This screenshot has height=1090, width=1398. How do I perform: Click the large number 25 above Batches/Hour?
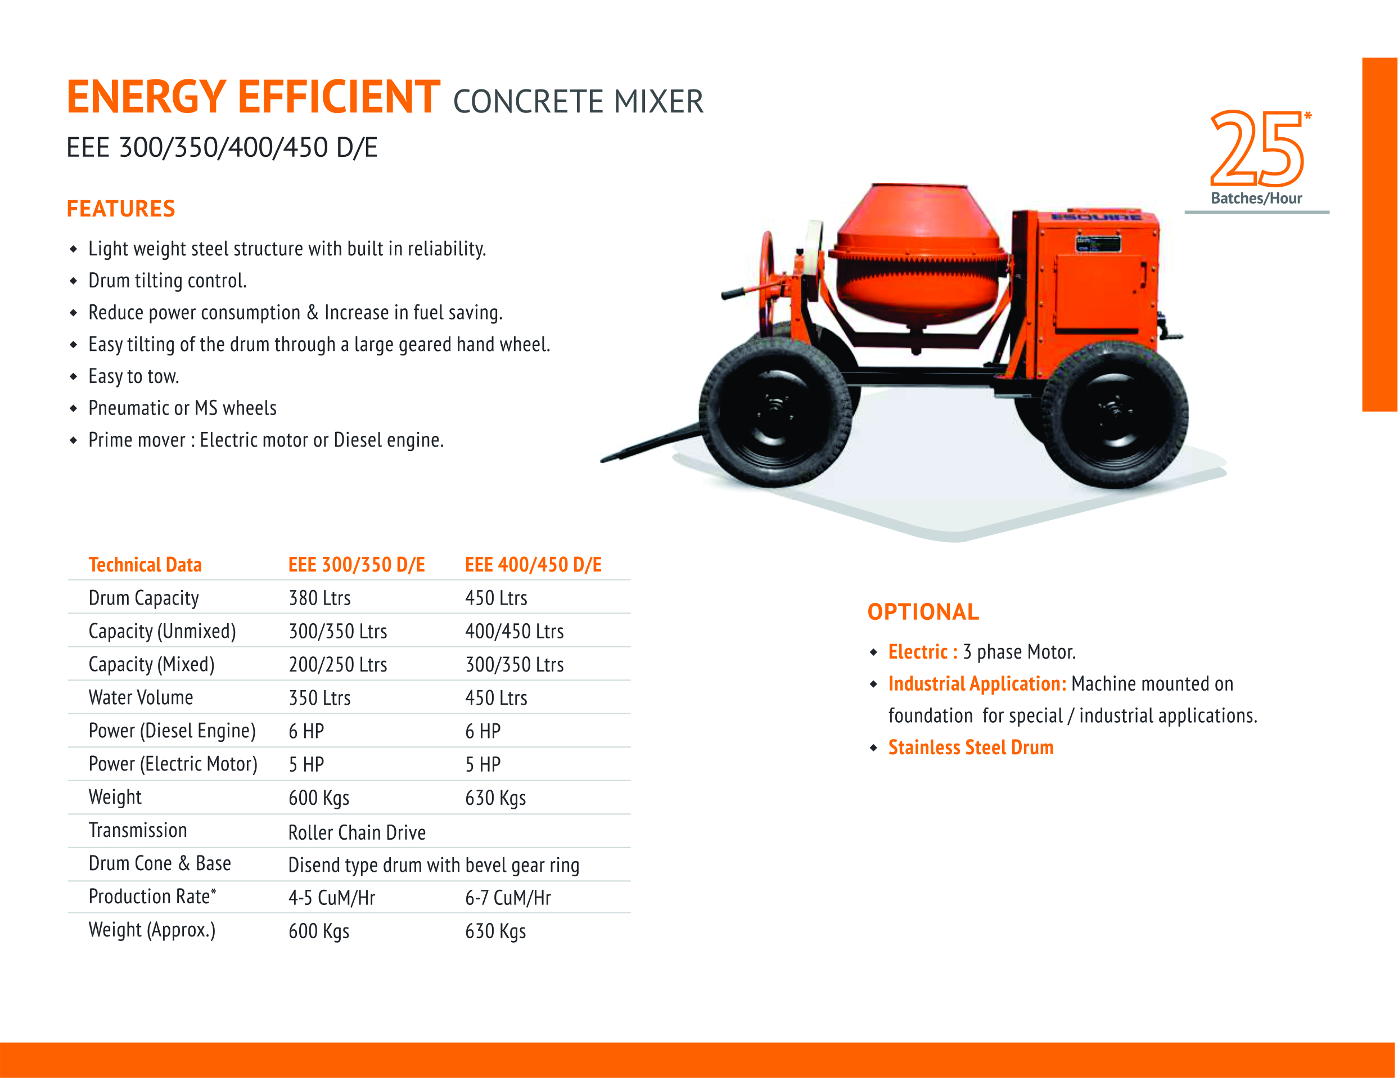point(1256,148)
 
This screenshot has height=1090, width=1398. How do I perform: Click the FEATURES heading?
point(121,209)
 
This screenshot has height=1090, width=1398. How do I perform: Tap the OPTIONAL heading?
point(923,612)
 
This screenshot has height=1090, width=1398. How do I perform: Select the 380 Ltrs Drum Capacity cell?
point(319,598)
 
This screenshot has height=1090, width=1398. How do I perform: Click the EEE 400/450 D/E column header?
point(533,565)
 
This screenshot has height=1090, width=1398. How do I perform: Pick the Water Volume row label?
point(141,697)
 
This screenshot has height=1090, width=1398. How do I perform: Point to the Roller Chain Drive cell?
point(357,832)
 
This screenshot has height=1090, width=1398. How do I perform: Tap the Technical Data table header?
point(145,565)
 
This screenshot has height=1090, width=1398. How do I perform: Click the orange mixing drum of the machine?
point(918,256)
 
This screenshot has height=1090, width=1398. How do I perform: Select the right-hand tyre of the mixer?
point(1115,415)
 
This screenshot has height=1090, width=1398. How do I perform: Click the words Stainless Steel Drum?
point(971,747)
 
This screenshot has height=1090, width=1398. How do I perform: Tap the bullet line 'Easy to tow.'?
point(134,376)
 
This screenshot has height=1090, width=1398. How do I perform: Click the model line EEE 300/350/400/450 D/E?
point(222,147)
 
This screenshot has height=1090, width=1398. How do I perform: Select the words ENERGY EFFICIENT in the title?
point(254,97)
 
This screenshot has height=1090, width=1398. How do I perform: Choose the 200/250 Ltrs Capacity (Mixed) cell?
point(338,664)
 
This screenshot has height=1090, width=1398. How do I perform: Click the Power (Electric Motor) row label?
point(173,764)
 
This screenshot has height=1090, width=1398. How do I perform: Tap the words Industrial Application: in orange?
point(977,683)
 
